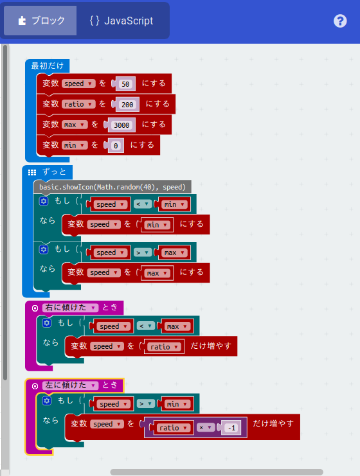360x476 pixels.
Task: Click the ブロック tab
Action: (40, 21)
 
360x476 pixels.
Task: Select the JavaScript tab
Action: (122, 21)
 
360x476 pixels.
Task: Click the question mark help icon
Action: (340, 21)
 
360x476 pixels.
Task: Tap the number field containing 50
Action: (125, 84)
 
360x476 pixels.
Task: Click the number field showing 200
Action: (127, 105)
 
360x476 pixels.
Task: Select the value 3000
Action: (122, 125)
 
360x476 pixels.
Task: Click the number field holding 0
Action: (116, 146)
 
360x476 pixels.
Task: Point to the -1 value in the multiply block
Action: (231, 428)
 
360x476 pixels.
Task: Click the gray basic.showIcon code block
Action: (112, 187)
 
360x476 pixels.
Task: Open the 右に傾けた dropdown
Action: (71, 308)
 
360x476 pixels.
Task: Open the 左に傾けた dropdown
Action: (71, 385)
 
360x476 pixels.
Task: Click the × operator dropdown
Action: (205, 428)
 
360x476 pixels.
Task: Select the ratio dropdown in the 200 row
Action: (78, 105)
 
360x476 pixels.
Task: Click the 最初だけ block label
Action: (47, 66)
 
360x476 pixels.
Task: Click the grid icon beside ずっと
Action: (32, 172)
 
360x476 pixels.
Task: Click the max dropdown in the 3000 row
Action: (74, 125)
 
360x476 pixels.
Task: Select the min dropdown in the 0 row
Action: (74, 145)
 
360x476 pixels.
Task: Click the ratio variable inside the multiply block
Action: (174, 428)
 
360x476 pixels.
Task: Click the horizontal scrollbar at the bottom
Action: (217, 472)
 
